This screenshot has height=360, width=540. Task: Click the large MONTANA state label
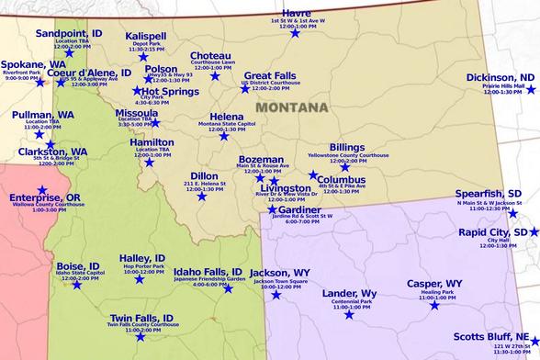tap(291, 107)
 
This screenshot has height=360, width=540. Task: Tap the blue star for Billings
tap(345, 167)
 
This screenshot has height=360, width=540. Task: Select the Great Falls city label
tap(270, 75)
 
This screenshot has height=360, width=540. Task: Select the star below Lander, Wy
tap(348, 315)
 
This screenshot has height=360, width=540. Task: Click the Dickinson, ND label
tap(501, 77)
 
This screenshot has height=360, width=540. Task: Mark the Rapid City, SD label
tap(493, 232)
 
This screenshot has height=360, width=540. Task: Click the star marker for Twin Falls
tap(141, 337)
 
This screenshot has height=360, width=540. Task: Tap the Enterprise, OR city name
tap(45, 197)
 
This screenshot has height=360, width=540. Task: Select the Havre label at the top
tap(297, 13)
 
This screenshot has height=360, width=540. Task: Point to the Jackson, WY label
tap(280, 273)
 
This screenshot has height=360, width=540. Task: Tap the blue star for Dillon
tap(202, 196)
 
